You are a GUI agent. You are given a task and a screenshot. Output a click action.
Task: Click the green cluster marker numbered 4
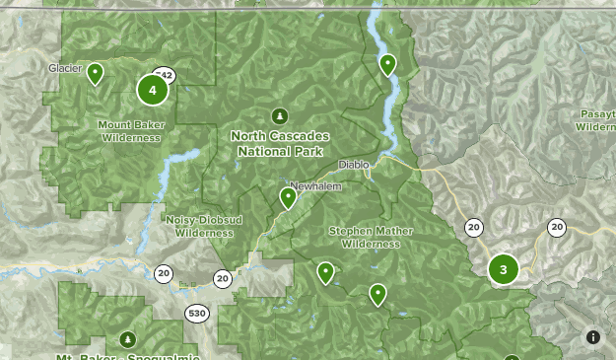(x=152, y=90)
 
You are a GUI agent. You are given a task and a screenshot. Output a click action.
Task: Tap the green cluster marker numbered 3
(x=503, y=269)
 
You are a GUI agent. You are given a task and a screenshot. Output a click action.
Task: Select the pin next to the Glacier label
(x=96, y=73)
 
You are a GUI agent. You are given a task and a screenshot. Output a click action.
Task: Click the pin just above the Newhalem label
(x=288, y=197)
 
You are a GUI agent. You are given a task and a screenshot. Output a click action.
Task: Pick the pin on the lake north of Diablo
(x=388, y=64)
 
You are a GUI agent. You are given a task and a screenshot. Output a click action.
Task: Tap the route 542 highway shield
(x=165, y=76)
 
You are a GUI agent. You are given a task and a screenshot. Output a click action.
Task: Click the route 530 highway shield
(x=197, y=313)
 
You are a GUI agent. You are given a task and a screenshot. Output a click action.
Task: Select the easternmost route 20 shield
(x=557, y=228)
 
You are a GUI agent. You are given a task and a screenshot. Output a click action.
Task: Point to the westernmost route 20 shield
(x=163, y=273)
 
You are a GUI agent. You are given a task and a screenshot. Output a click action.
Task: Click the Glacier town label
(x=65, y=68)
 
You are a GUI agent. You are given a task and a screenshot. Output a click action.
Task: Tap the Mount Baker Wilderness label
(x=129, y=131)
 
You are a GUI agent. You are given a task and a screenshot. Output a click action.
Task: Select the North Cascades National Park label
(x=280, y=143)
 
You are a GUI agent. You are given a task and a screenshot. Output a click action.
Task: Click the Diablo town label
(x=353, y=165)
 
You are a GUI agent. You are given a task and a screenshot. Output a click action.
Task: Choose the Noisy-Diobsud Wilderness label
(x=204, y=226)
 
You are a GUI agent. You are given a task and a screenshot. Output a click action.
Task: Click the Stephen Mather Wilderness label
(x=371, y=237)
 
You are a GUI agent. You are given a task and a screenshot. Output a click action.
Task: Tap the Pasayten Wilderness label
(x=595, y=120)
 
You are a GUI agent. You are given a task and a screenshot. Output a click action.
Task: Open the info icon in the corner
(x=593, y=337)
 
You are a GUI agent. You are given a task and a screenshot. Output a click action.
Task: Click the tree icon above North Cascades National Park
(x=280, y=116)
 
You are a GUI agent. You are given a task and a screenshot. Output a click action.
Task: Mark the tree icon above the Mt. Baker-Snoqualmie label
(x=127, y=340)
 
